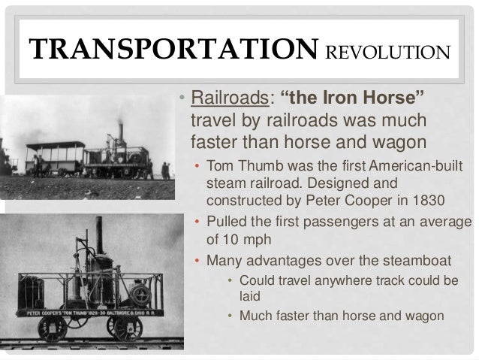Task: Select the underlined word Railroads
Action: tap(224, 98)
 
